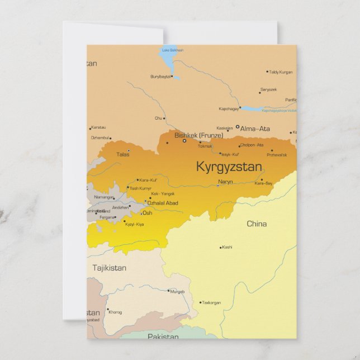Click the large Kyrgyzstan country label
coord(229,167)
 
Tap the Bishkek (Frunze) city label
coord(198,135)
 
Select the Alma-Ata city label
coord(255,129)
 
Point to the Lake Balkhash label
coord(172,50)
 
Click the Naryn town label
coord(225,182)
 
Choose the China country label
coord(257,224)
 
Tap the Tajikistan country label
coord(109,268)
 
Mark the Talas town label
coord(122,154)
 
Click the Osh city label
coord(147,213)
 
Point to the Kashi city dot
coord(221,247)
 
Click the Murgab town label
coord(177,291)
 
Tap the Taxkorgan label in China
coord(211,303)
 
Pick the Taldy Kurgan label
coord(281,72)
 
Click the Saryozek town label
coord(269,89)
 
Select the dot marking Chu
coord(164,119)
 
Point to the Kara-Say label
coord(263,183)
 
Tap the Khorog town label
coord(115,312)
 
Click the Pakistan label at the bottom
coord(163,337)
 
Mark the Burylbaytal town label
coord(160,77)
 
